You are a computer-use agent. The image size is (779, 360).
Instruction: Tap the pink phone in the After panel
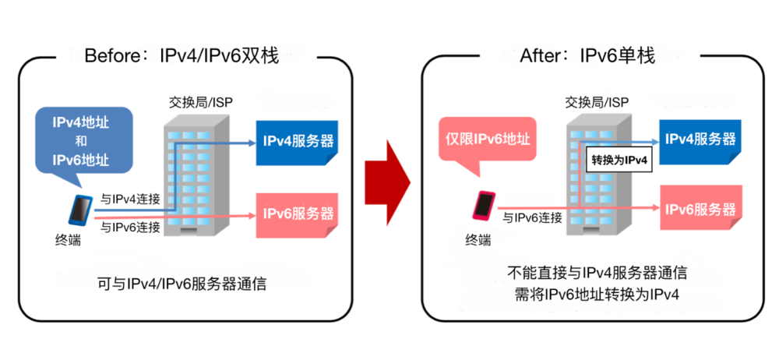point(483,206)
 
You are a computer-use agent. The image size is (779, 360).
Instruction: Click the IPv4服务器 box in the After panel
point(698,140)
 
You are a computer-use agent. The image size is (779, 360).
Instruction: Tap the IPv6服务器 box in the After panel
point(698,210)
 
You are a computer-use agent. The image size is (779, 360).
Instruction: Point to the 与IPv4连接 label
point(132,199)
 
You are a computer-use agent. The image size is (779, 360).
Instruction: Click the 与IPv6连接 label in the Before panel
point(132,228)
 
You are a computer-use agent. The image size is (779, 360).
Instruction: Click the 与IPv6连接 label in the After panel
point(531,217)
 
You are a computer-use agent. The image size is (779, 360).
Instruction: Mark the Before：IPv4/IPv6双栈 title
point(180,56)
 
